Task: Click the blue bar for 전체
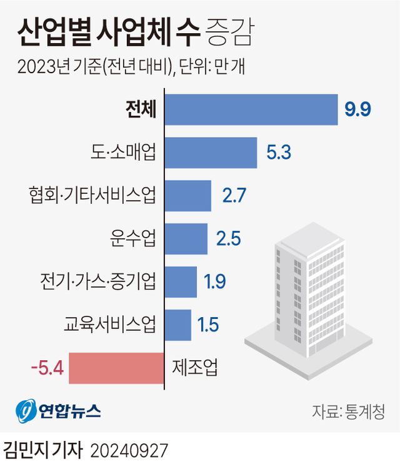pyautogui.click(x=251, y=109)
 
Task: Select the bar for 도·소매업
pyautogui.click(x=211, y=153)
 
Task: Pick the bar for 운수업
pyautogui.click(x=186, y=239)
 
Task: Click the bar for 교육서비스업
pyautogui.click(x=178, y=325)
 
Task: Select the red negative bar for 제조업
pyautogui.click(x=116, y=368)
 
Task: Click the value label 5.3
pyautogui.click(x=278, y=153)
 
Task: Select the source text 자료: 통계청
pyautogui.click(x=348, y=412)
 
